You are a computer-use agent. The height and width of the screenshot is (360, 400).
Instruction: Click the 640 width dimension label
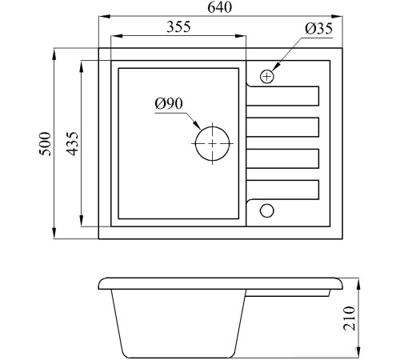pos(220,7)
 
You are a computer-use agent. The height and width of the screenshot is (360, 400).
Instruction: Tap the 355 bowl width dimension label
pos(178,26)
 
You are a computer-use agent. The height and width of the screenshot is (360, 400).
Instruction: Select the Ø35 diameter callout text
pos(319,29)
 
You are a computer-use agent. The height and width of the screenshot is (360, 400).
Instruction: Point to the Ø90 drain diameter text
pos(169,103)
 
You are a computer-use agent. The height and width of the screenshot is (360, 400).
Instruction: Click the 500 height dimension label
pos(45,143)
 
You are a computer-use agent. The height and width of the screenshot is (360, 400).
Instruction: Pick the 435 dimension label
pos(72,143)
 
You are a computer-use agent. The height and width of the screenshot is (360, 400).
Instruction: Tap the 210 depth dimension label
pos(350,318)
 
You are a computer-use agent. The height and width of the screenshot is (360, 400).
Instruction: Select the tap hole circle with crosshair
pos(267,77)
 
